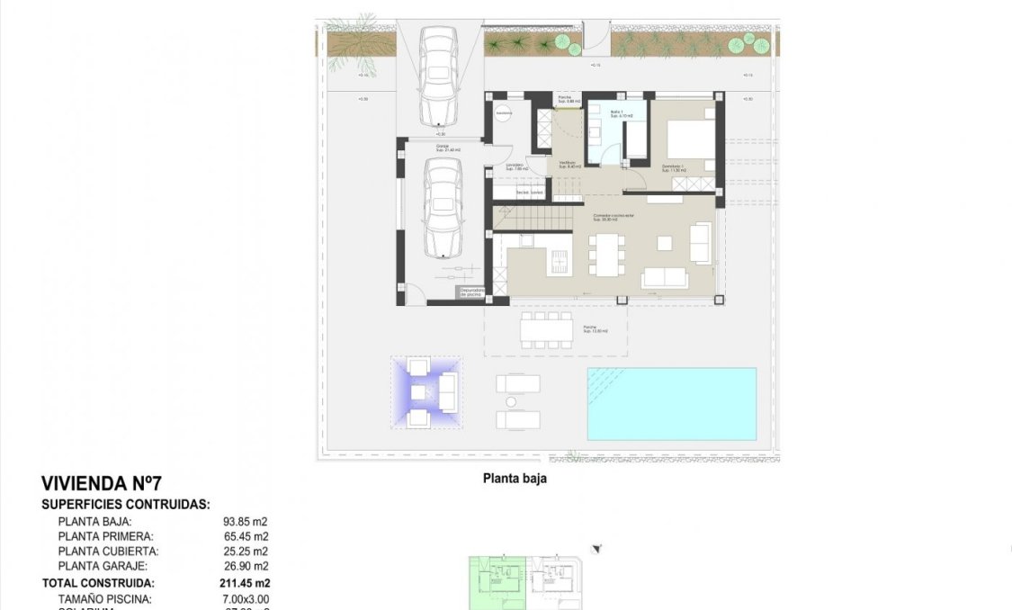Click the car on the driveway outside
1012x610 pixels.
440,76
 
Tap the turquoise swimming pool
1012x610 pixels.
671,403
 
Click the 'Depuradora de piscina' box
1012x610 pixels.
471,292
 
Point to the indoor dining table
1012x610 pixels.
606,253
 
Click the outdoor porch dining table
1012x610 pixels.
546,329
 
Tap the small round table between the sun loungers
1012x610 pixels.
511,401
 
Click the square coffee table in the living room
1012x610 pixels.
664,242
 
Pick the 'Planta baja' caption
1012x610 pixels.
515,479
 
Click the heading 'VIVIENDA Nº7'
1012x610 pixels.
102,484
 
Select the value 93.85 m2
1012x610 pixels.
246,521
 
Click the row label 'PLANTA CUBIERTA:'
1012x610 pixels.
108,551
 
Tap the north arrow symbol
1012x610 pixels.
596,549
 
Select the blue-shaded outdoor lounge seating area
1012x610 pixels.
426,392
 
